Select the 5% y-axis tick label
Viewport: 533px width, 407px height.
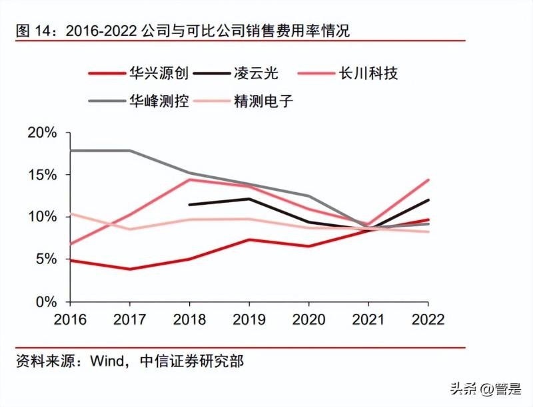(47, 259)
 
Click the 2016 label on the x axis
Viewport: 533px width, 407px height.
(71, 319)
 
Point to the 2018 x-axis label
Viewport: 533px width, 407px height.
(190, 319)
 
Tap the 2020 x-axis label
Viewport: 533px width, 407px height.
(308, 319)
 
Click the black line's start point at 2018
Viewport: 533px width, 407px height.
(190, 204)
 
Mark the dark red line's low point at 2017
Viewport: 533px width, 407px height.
(131, 269)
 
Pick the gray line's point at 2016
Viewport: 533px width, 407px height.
(71, 150)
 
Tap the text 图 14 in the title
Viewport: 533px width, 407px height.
(30, 31)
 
